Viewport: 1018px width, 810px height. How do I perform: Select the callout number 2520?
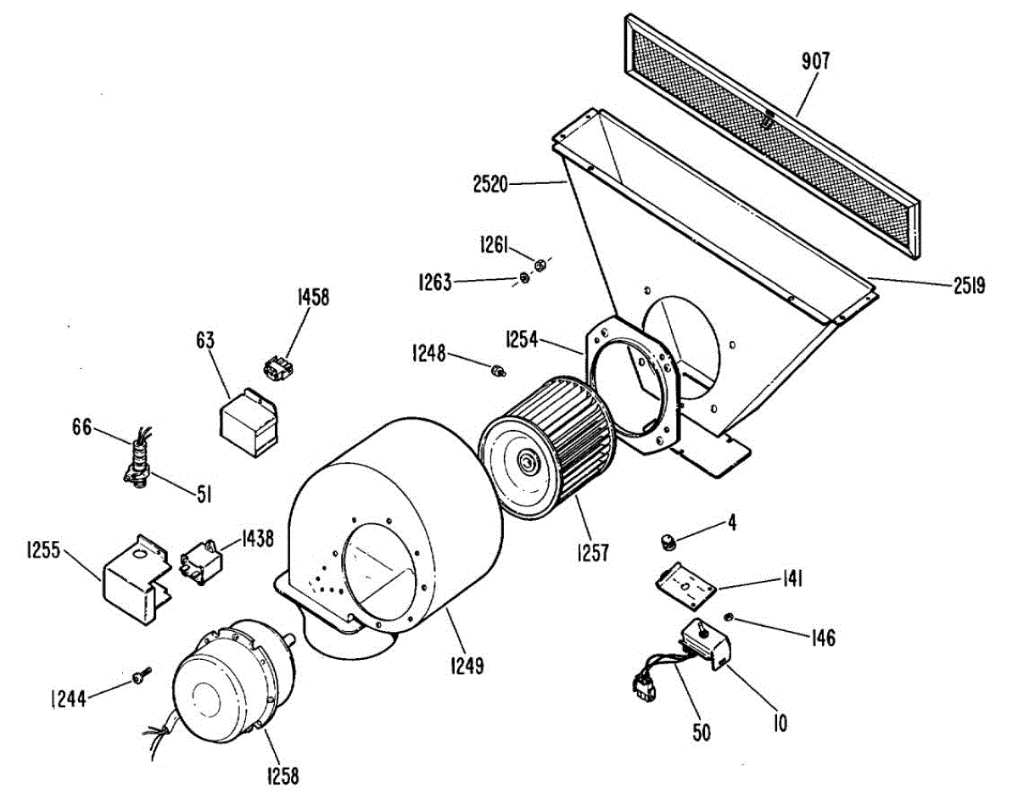pyautogui.click(x=489, y=182)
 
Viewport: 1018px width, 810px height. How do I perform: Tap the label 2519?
pyautogui.click(x=967, y=286)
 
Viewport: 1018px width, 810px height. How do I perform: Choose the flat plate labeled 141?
pyautogui.click(x=688, y=584)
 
